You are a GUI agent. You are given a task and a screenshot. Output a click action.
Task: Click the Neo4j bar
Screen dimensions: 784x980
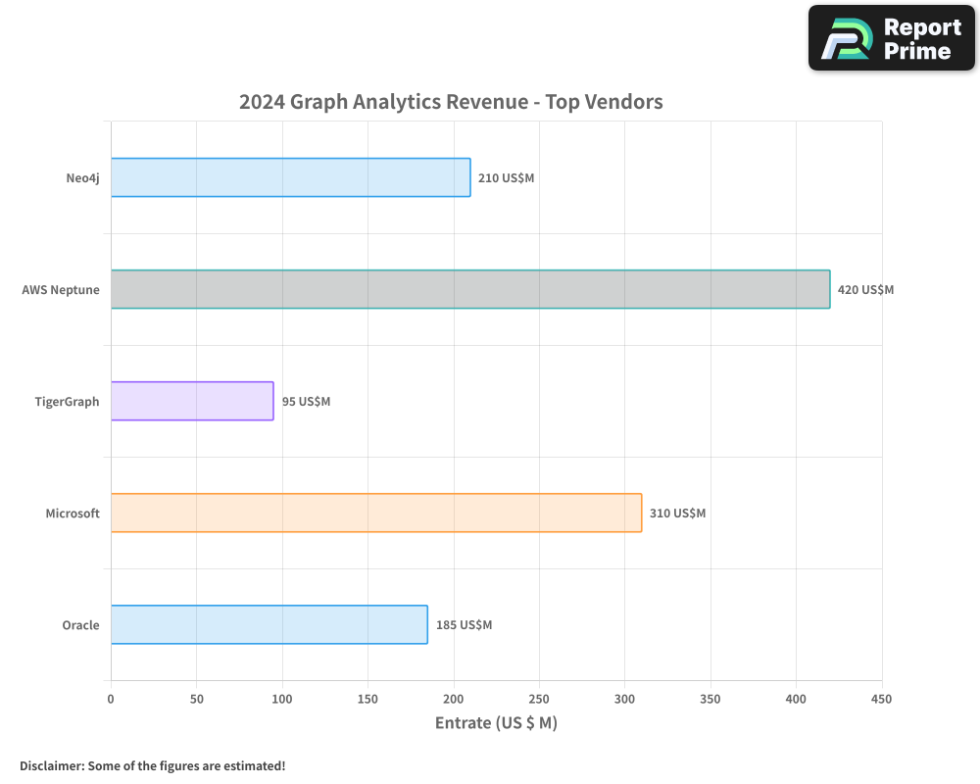click(290, 177)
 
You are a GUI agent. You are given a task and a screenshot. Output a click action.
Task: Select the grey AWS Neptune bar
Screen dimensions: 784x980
click(470, 289)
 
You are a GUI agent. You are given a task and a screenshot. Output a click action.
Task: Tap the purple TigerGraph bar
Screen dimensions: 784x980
click(192, 401)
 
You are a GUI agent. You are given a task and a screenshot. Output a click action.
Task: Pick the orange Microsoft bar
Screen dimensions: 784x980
click(376, 513)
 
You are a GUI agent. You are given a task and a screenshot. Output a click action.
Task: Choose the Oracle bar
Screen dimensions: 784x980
click(269, 624)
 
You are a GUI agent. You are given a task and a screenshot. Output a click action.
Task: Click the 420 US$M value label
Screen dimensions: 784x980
click(866, 290)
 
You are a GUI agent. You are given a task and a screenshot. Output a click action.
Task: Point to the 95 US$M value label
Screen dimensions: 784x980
click(306, 402)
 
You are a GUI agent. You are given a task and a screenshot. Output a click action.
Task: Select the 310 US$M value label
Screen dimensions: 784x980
click(677, 514)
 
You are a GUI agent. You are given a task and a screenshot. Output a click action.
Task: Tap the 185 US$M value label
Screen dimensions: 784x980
click(464, 625)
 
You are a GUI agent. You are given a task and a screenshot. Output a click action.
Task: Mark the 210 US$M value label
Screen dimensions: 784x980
click(506, 178)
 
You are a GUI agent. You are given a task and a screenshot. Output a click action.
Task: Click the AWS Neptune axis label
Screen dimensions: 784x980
click(61, 290)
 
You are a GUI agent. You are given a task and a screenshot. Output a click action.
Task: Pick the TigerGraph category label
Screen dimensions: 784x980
click(67, 402)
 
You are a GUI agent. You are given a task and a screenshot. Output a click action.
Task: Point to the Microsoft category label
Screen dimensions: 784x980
click(73, 514)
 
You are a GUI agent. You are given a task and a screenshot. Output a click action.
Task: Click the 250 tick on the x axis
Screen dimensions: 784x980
click(539, 699)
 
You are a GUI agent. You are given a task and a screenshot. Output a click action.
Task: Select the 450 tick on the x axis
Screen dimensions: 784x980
click(882, 699)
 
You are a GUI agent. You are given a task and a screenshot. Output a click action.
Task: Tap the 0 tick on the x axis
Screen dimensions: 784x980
click(111, 699)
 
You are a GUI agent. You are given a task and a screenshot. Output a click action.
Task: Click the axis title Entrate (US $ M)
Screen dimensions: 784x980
click(496, 723)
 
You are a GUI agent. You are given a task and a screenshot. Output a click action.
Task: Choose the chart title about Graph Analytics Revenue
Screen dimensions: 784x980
click(451, 102)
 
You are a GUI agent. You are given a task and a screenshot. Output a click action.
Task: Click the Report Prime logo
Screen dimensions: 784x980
click(892, 38)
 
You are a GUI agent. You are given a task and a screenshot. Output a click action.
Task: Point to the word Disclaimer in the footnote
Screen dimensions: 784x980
click(51, 765)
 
